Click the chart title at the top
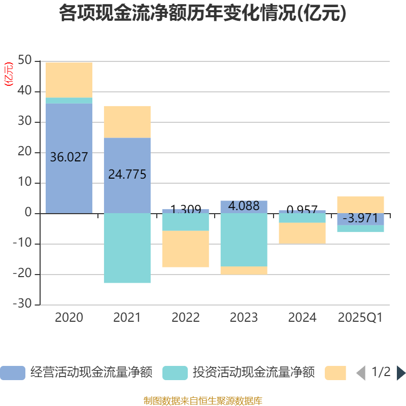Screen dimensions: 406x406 point(203,13)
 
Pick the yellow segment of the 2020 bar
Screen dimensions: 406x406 point(69,80)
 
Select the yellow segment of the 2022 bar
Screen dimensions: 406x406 point(185,249)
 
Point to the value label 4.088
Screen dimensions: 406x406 point(244,206)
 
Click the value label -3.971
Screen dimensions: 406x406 point(360,219)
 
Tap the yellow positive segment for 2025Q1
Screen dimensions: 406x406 point(360,205)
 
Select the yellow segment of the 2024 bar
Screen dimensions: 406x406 point(302,233)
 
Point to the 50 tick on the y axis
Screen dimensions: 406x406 point(24,61)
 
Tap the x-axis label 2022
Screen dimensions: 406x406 point(185,318)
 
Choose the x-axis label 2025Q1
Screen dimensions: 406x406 point(360,318)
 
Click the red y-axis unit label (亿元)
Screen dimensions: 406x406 point(9,74)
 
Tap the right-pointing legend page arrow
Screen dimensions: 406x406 point(401,373)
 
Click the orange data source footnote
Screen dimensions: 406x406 point(203,400)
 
